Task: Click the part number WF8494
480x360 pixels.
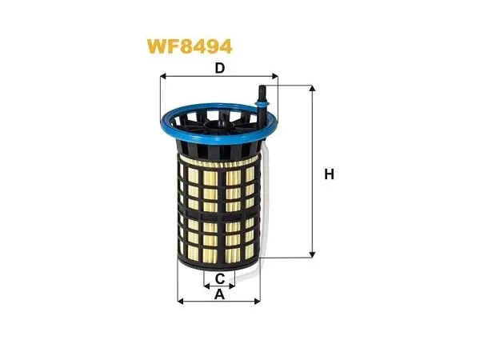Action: (190, 46)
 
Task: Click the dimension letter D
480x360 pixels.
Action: (220, 68)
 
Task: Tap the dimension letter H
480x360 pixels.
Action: (329, 174)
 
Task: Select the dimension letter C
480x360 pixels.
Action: (220, 279)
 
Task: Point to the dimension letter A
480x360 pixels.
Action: (219, 294)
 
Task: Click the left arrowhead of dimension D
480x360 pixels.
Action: (163, 76)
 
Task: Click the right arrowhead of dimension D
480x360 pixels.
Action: (275, 76)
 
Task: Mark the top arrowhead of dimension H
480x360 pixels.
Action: (312, 89)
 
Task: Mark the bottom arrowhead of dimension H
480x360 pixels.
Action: (312, 254)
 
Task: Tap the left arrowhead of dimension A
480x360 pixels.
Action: (180, 302)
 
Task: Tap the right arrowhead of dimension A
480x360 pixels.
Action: (257, 302)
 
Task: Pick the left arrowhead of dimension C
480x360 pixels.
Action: (206, 286)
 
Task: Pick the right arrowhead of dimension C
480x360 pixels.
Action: (232, 286)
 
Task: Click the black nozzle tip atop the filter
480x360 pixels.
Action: (262, 90)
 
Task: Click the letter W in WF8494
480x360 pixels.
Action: (158, 47)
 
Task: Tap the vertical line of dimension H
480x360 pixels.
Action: (312, 171)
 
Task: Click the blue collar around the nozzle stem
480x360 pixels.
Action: (262, 105)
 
